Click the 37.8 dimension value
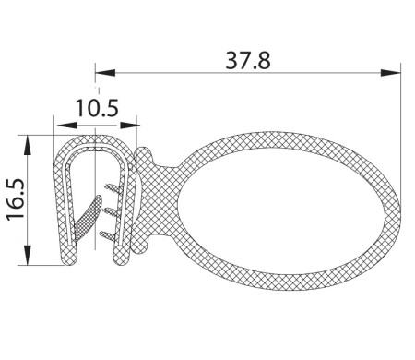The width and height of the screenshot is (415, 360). [x=248, y=61]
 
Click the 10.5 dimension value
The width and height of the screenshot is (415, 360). [x=97, y=108]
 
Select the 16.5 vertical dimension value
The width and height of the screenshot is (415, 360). [x=16, y=199]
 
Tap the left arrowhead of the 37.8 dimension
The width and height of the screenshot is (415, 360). [x=105, y=73]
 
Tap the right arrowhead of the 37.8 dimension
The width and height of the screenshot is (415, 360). [x=390, y=73]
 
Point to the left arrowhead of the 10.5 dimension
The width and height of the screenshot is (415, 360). [x=66, y=126]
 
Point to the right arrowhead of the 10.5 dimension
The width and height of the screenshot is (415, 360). [x=130, y=126]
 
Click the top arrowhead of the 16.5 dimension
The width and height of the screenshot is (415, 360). [x=28, y=145]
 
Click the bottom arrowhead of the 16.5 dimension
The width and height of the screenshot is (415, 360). [x=28, y=255]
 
